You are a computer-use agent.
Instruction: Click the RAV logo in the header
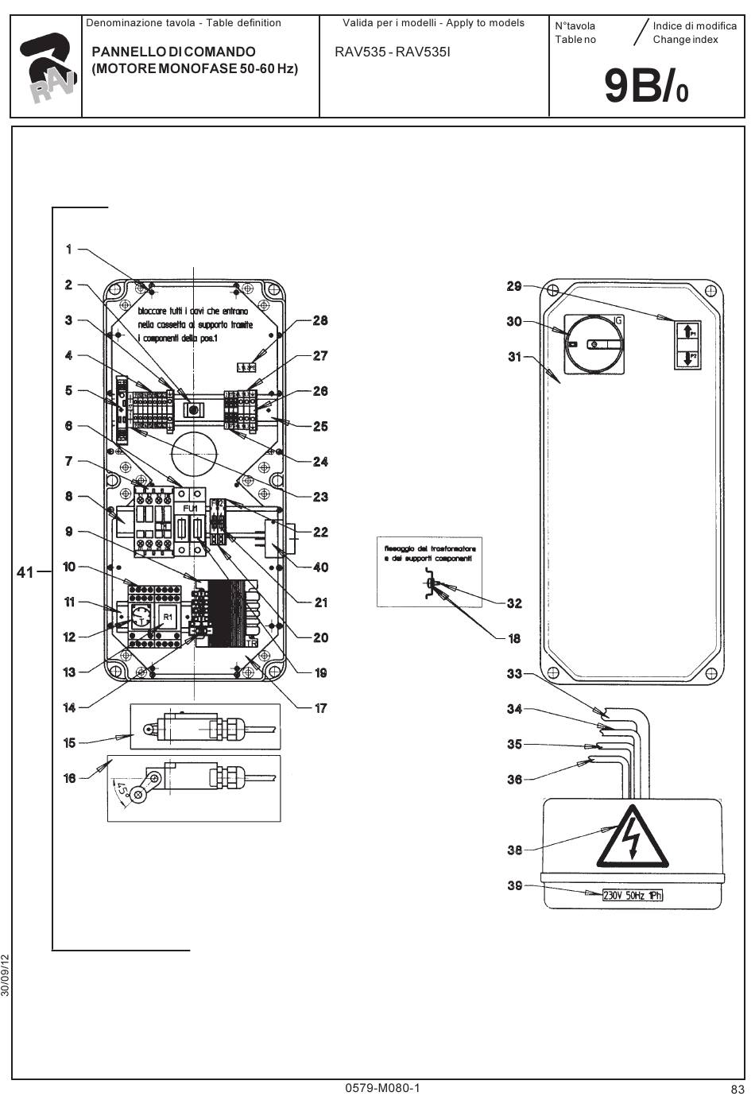coord(47,69)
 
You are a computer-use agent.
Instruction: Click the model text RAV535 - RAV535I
coord(393,52)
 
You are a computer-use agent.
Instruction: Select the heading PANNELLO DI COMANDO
coord(174,52)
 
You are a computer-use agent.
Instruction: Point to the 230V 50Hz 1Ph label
coord(633,896)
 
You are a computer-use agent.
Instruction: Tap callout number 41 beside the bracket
coord(25,571)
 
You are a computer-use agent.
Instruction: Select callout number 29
coord(514,286)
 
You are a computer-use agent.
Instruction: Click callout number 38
coord(514,850)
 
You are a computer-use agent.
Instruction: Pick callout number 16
coord(70,778)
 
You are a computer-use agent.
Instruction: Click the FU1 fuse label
coord(191,508)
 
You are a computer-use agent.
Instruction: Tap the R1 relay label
coord(168,617)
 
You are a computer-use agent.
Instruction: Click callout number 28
coord(320,321)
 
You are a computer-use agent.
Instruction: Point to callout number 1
coord(69,250)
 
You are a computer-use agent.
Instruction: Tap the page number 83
coord(737,1089)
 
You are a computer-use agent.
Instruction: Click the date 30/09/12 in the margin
coord(6,975)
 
